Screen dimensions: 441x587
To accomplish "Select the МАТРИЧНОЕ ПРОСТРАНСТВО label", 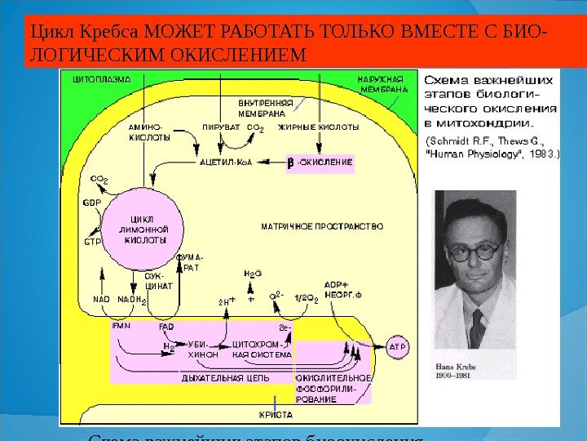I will tap(321, 225).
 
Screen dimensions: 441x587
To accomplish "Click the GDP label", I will tap(91, 201).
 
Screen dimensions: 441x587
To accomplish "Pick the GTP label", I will tap(93, 242).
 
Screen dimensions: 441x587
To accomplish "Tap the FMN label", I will tap(121, 326).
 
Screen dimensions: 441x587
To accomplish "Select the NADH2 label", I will tap(132, 300).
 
